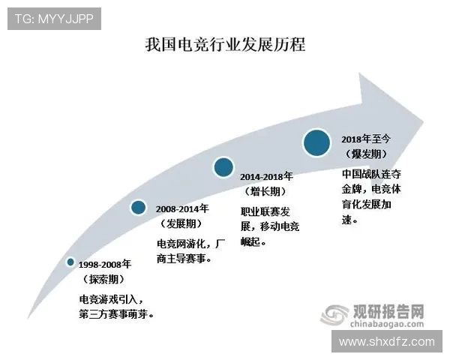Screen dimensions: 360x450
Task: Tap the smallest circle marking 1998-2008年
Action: pos(70,262)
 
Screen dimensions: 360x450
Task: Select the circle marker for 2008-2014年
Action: pos(138,207)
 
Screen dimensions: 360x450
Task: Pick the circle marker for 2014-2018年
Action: pos(223,167)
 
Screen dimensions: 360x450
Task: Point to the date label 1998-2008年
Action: pos(106,265)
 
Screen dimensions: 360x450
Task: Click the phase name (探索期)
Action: pos(103,279)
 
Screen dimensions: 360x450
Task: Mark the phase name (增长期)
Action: pos(265,191)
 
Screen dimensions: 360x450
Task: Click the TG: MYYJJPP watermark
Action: pos(54,19)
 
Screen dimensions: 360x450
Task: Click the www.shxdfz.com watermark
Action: pos(387,341)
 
